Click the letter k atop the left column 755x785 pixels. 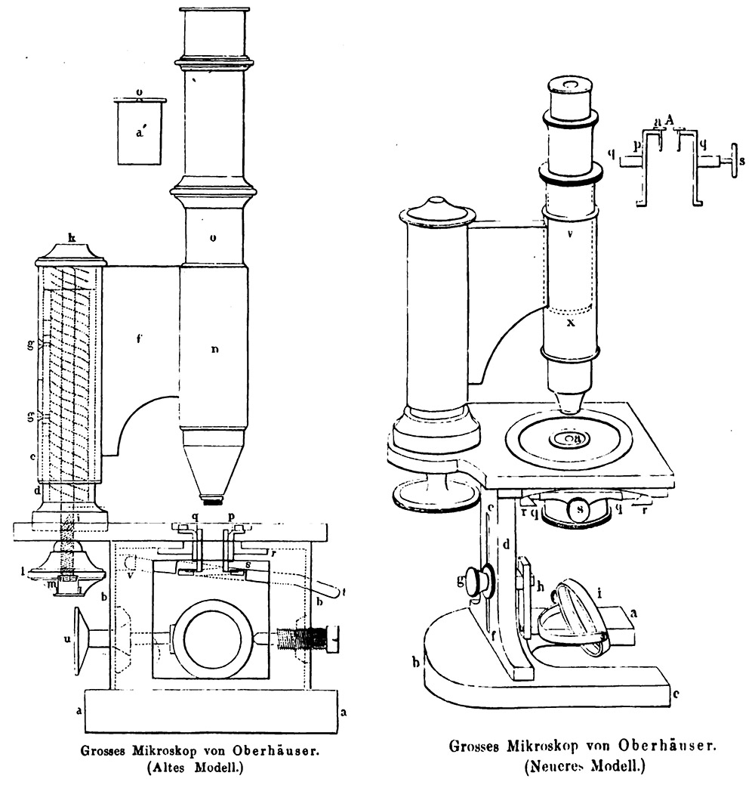pyautogui.click(x=72, y=239)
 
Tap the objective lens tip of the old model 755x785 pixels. pyautogui.click(x=212, y=499)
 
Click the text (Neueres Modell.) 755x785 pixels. pyautogui.click(x=583, y=766)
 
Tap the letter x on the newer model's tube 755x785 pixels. pyautogui.click(x=571, y=320)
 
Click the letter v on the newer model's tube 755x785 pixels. pyautogui.click(x=572, y=234)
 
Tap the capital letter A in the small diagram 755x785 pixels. pyautogui.click(x=670, y=119)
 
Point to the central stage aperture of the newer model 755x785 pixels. pyautogui.click(x=565, y=437)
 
